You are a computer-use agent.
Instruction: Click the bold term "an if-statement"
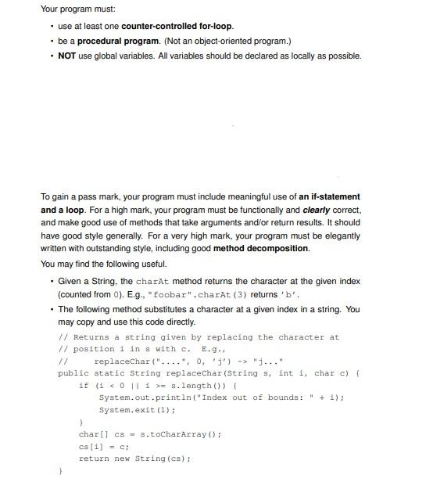click(x=329, y=196)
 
